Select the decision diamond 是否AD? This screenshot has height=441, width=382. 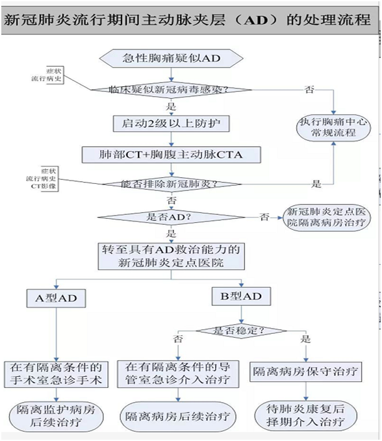(172, 216)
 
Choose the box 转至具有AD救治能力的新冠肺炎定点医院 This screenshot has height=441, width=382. (172, 256)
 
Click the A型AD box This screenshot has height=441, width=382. (56, 299)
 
